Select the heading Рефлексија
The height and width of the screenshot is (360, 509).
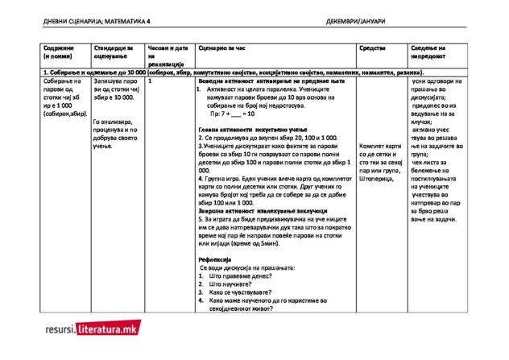pyautogui.click(x=215, y=259)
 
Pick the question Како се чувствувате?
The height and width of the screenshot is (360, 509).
pyautogui.click(x=240, y=292)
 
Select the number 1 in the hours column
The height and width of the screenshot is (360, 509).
pyautogui.click(x=151, y=81)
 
